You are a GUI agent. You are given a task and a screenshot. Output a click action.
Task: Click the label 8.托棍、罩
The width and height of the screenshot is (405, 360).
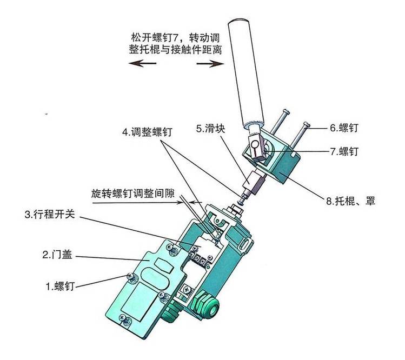(x=350, y=202)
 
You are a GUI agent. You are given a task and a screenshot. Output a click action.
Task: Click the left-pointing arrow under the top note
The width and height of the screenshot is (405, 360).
(x=142, y=63)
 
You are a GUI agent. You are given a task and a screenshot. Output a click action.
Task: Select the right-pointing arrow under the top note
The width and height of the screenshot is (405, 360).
(x=211, y=63)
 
